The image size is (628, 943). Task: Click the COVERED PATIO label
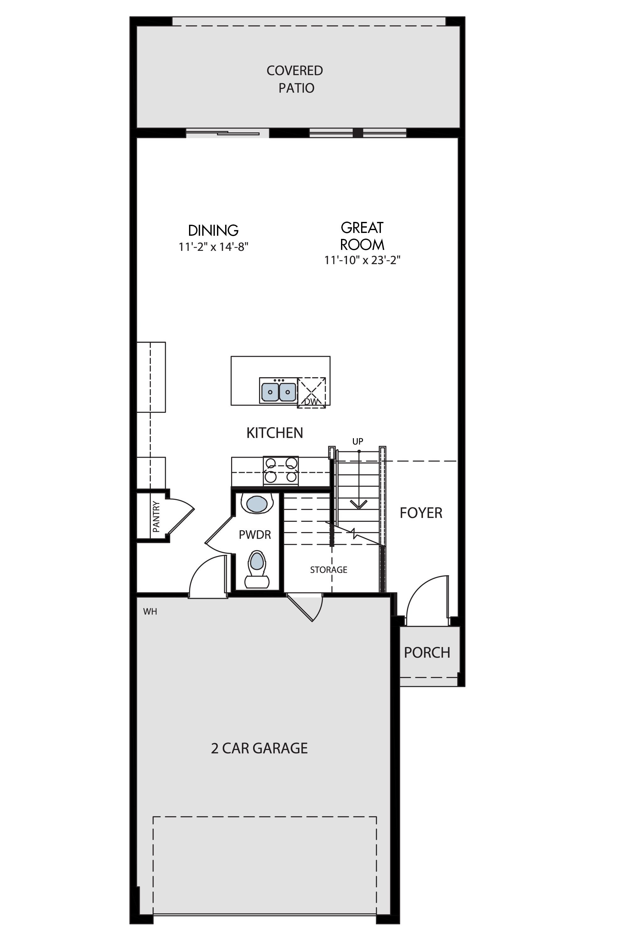pyautogui.click(x=295, y=79)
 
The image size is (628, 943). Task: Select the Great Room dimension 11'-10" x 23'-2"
pyautogui.click(x=362, y=260)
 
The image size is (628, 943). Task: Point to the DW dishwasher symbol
pyautogui.click(x=311, y=393)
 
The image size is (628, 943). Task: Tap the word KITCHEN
pyautogui.click(x=275, y=433)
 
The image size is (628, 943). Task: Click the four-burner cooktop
pyautogui.click(x=281, y=470)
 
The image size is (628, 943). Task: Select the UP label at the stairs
pyautogui.click(x=358, y=441)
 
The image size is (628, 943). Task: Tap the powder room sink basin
pyautogui.click(x=257, y=504)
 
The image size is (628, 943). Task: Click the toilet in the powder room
pyautogui.click(x=257, y=569)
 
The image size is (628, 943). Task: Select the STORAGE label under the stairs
pyautogui.click(x=328, y=570)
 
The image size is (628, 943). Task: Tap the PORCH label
pyautogui.click(x=427, y=653)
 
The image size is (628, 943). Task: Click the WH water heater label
pyautogui.click(x=150, y=611)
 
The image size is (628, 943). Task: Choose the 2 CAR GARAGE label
pyautogui.click(x=260, y=748)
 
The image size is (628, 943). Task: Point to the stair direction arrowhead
pyautogui.click(x=359, y=505)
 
